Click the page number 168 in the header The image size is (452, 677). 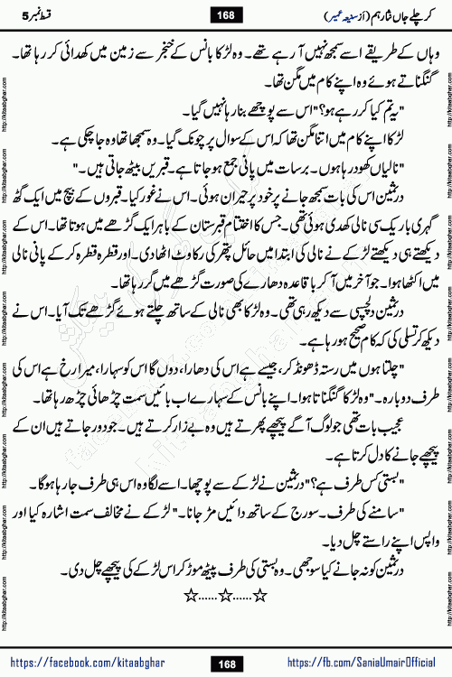(x=226, y=12)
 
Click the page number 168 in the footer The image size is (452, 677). (x=226, y=664)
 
